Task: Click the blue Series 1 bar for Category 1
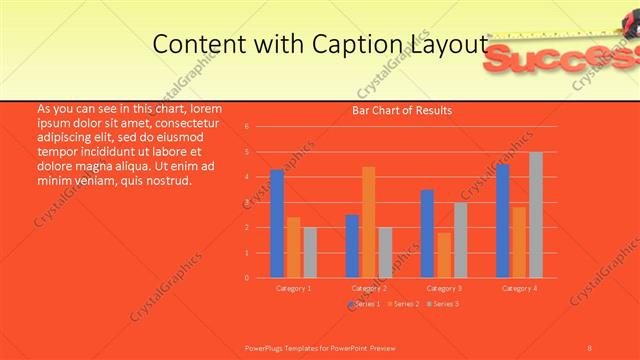tap(277, 223)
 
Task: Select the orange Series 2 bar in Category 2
tap(368, 222)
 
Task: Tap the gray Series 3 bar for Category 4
tap(535, 214)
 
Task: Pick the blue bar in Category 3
tap(427, 233)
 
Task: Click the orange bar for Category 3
tap(443, 255)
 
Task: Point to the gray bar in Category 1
tap(310, 252)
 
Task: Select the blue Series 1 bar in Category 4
tap(502, 220)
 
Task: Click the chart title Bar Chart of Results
tap(402, 110)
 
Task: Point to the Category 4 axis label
tap(518, 288)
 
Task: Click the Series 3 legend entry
tap(443, 303)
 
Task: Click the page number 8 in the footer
tap(589, 346)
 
